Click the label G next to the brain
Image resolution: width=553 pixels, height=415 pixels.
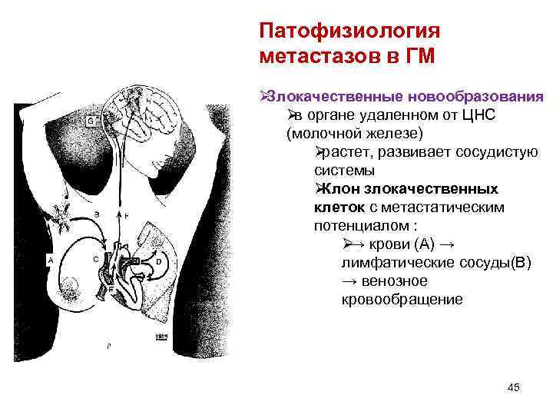[91, 121]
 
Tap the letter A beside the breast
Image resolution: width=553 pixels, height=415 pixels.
[51, 261]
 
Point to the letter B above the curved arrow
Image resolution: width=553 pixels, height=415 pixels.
[97, 213]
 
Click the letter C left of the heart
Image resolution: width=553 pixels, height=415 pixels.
[96, 260]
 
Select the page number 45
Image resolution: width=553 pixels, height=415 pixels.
[514, 387]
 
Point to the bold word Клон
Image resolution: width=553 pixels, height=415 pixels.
[335, 188]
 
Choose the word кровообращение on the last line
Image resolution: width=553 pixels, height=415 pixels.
[402, 299]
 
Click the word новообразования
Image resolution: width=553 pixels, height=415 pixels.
[476, 98]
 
